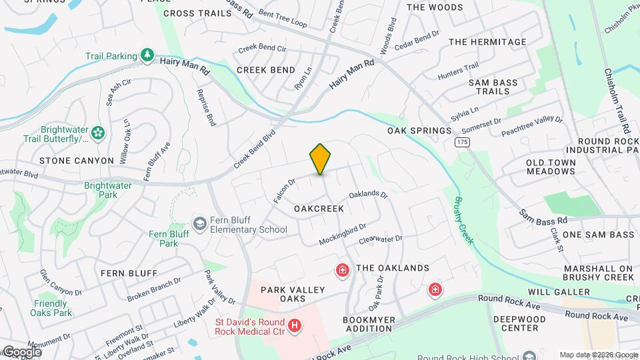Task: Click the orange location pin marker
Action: click(320, 159)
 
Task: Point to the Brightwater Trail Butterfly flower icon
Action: click(99, 133)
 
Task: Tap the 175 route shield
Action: click(461, 143)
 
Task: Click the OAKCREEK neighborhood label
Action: click(319, 209)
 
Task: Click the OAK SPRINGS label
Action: click(419, 131)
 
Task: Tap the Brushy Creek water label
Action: click(464, 220)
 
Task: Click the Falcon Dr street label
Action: click(284, 191)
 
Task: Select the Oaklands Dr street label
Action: click(368, 195)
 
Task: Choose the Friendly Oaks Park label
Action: click(53, 308)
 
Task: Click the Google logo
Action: click(22, 351)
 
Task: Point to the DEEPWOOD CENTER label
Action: click(525, 323)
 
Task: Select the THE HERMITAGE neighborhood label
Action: click(487, 42)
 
